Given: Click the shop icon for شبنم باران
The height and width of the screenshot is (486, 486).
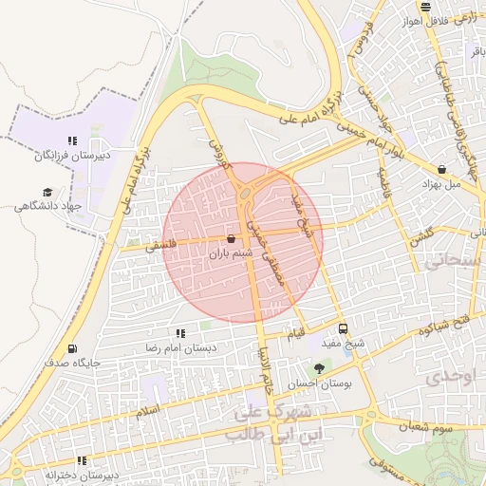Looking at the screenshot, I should (233, 238).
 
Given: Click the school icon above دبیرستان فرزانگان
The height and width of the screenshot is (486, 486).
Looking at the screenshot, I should (72, 140).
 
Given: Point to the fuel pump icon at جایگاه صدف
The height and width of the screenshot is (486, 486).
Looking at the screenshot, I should (73, 348).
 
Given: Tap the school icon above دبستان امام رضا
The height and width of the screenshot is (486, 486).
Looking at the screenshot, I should (180, 333).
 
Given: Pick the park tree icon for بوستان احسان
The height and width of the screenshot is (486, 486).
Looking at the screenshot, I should (318, 368).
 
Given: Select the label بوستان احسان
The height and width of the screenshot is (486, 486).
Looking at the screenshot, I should (317, 383).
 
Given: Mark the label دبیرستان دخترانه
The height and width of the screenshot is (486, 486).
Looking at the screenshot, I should (82, 474).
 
